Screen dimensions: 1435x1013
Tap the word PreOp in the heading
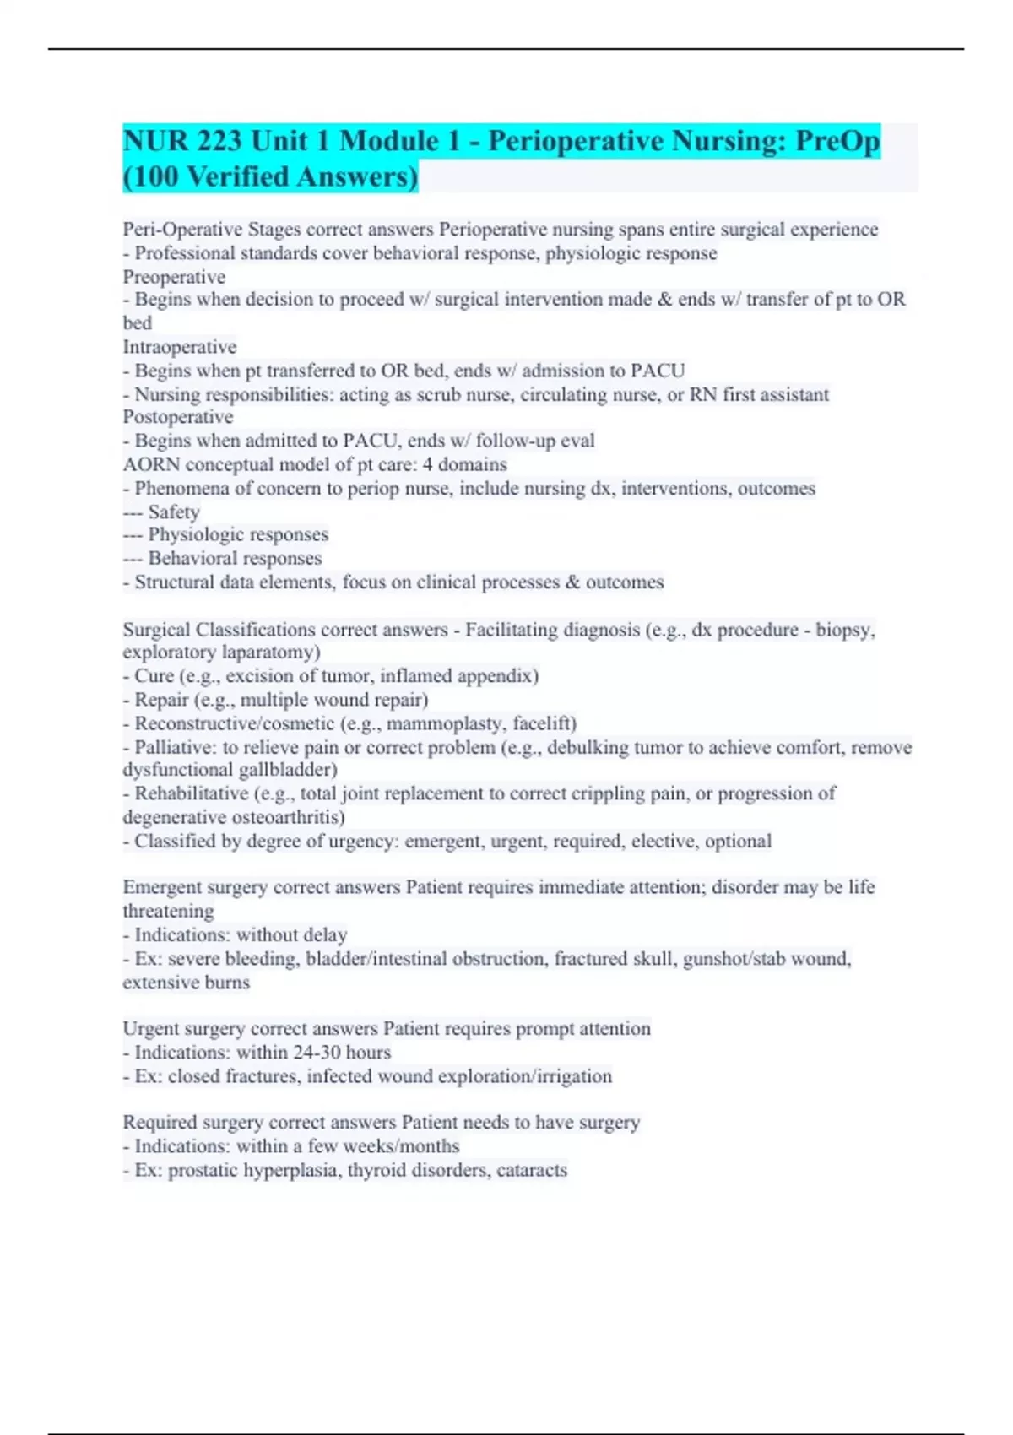tap(835, 141)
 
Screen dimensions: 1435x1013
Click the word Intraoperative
tap(180, 347)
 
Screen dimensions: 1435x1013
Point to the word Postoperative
tap(178, 417)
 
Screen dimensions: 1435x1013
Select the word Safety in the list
tap(174, 512)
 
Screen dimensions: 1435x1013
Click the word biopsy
tap(843, 630)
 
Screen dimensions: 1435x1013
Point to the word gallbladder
tap(286, 770)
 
